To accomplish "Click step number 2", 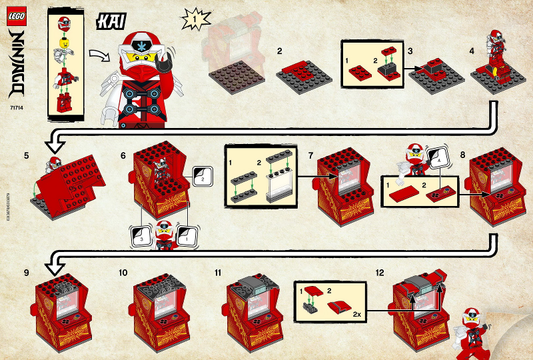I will [281, 49].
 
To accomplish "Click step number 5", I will [27, 157].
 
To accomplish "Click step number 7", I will [313, 156].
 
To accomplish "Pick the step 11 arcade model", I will [256, 309].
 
